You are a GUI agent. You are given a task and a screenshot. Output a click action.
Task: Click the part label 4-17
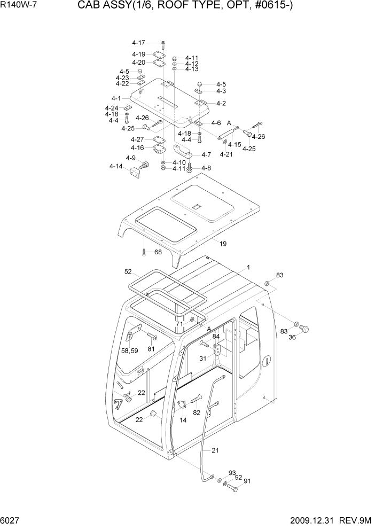(138, 42)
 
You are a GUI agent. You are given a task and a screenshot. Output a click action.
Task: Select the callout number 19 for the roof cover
(223, 244)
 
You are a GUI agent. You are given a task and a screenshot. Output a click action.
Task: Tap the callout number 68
(158, 252)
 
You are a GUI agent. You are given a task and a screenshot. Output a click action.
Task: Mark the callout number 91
(247, 481)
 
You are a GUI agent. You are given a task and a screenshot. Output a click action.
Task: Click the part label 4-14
(116, 167)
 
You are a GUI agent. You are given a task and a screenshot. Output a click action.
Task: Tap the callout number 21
(215, 450)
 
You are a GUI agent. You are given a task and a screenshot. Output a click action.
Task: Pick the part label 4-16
(137, 147)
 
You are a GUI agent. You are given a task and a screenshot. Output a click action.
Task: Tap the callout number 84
(216, 336)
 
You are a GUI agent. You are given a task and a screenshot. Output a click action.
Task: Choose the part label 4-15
(234, 144)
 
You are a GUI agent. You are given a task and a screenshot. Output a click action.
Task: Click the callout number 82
(197, 412)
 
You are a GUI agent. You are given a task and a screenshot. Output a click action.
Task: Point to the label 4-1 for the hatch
(116, 99)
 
